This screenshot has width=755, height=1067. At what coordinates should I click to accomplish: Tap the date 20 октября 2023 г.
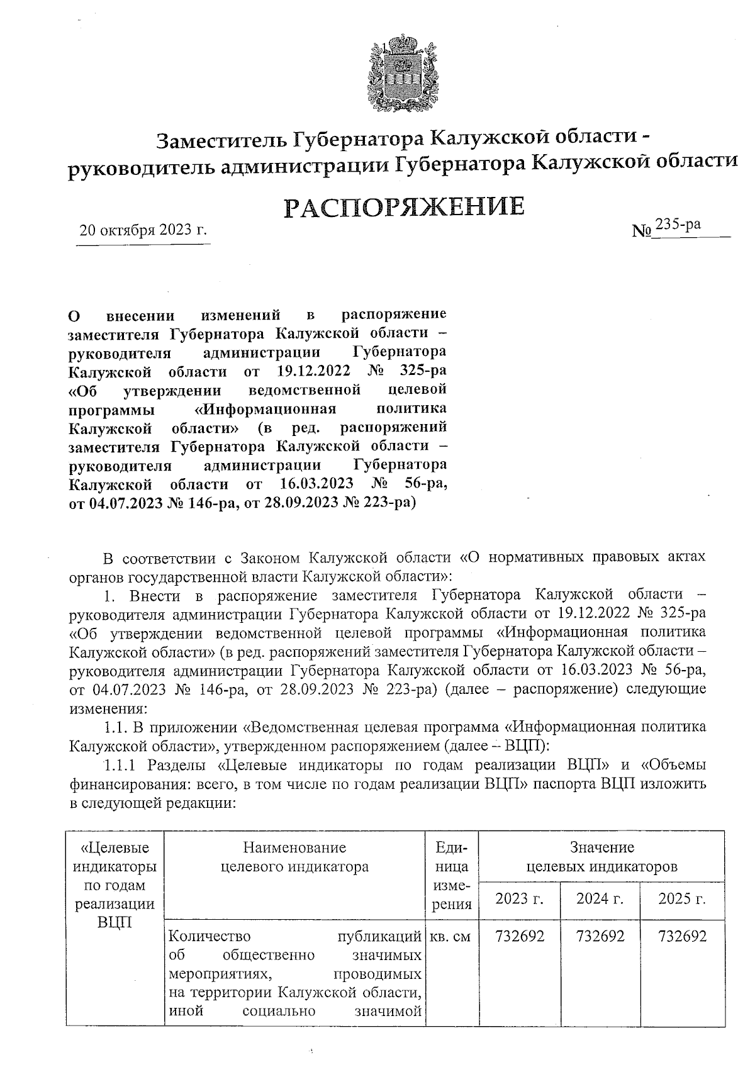(x=143, y=230)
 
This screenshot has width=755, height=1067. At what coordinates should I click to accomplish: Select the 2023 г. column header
(x=519, y=898)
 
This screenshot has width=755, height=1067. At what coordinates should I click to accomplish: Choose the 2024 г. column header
(x=600, y=898)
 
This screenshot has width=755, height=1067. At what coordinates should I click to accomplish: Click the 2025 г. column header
(x=681, y=898)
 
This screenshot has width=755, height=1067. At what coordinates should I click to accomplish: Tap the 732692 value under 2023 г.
(x=520, y=936)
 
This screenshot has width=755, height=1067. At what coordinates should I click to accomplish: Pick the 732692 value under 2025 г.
(x=682, y=936)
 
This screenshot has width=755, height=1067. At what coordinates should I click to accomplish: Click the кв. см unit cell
(x=449, y=936)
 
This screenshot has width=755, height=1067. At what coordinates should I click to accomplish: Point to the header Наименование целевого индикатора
(x=295, y=857)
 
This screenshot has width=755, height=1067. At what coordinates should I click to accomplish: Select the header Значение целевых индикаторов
(x=601, y=857)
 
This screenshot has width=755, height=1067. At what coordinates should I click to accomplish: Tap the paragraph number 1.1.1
(x=123, y=766)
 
